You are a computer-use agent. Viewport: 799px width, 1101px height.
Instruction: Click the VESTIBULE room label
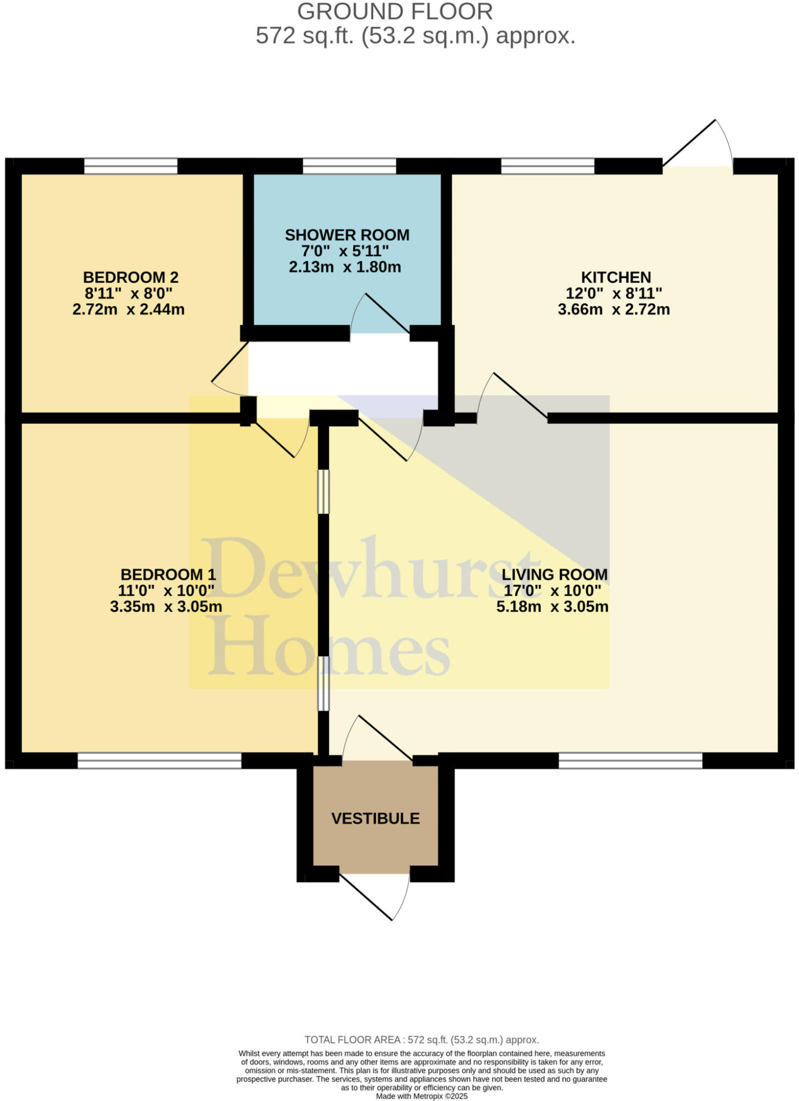(375, 818)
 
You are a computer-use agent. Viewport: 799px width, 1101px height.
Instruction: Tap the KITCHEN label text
(616, 277)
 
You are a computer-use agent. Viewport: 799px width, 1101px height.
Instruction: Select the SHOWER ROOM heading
(347, 235)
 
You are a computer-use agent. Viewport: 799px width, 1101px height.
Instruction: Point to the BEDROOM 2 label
(130, 277)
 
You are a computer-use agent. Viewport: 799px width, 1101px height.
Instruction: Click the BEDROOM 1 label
(168, 574)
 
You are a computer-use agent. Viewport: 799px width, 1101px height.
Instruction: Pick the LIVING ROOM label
(554, 574)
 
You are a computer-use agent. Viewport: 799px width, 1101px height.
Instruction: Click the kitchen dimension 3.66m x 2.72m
(613, 310)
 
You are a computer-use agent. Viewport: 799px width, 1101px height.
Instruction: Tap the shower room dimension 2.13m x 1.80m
(345, 267)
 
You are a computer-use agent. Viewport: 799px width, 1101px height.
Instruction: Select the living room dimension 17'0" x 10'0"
(552, 590)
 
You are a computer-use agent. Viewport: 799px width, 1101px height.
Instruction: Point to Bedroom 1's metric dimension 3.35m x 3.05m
(166, 606)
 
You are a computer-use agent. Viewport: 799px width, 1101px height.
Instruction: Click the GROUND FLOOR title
(395, 12)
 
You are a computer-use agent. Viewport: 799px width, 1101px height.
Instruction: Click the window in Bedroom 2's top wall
(131, 166)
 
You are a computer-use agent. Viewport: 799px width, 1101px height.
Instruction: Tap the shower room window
(349, 166)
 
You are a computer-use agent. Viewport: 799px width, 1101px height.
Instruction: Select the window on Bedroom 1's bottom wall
(159, 760)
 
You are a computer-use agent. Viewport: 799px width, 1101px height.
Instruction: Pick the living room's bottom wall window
(630, 760)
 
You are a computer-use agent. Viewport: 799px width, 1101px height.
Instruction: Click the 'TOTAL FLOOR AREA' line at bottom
(422, 1040)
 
